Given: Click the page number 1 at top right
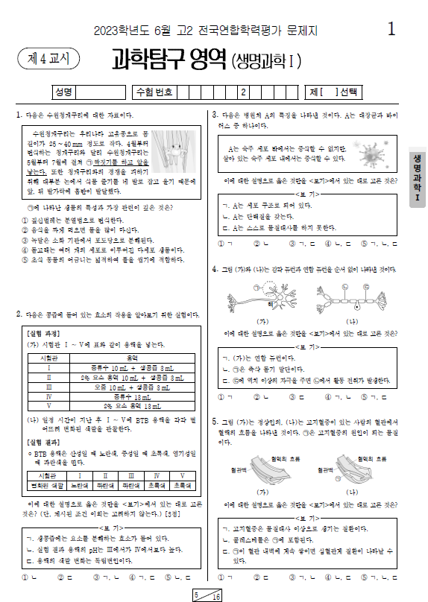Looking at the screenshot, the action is [392, 29].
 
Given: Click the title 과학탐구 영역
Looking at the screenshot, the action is [168, 58].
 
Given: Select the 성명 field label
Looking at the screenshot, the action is [63, 92].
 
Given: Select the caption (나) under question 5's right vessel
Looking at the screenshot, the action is [356, 492].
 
